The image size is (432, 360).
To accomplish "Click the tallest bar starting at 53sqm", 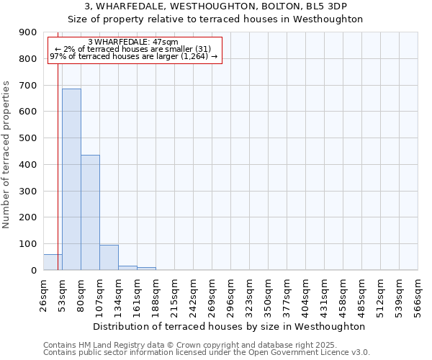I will (71, 179).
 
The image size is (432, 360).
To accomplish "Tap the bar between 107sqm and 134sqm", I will (109, 258).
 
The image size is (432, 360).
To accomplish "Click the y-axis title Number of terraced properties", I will (7, 155).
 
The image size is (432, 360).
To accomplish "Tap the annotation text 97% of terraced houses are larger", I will (133, 56).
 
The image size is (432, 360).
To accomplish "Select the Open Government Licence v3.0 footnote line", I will (207, 353).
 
